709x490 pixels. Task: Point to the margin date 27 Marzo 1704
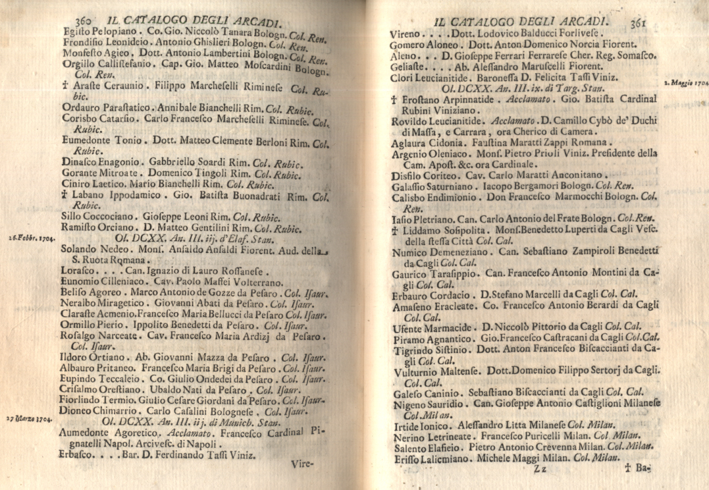pyautogui.click(x=29, y=418)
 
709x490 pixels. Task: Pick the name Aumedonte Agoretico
pyautogui.click(x=109, y=433)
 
